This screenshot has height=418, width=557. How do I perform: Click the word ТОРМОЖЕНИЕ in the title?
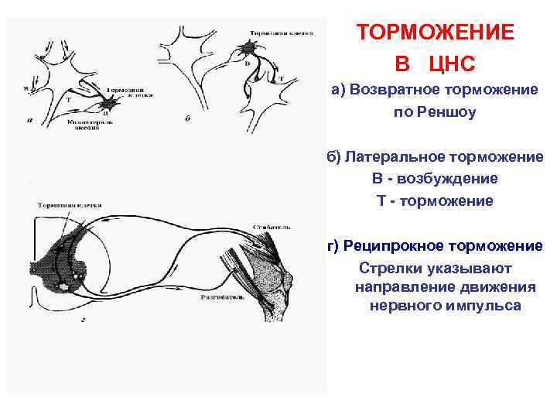435,33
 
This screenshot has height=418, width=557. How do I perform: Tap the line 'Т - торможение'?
434,200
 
